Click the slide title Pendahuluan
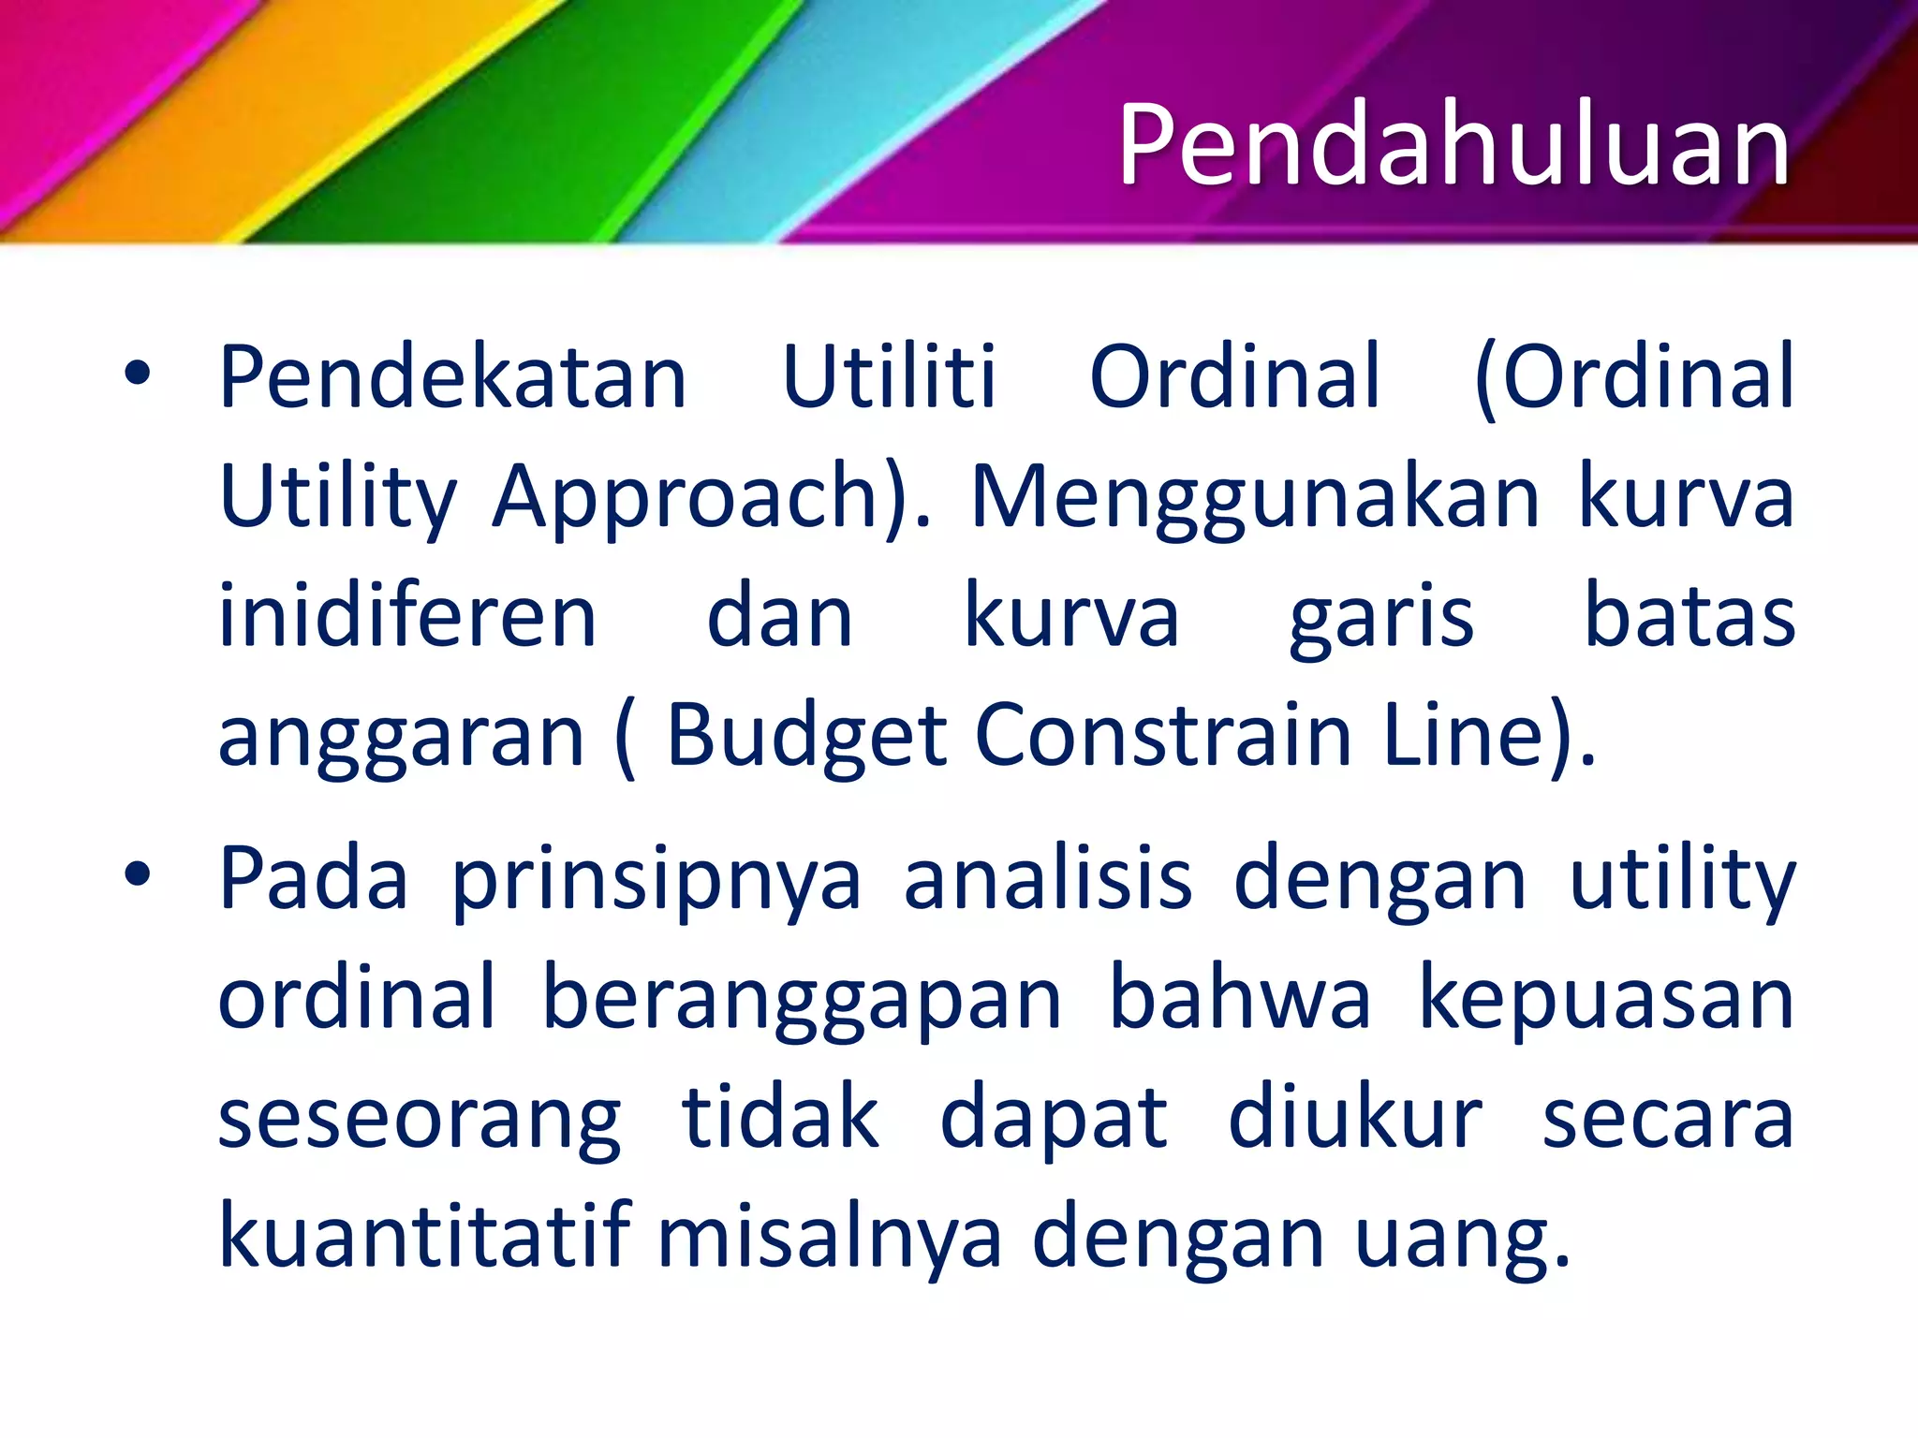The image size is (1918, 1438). click(1453, 145)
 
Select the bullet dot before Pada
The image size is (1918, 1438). click(137, 875)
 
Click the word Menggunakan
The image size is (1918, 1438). click(1255, 498)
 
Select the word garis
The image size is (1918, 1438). click(1381, 618)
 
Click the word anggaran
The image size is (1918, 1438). click(402, 738)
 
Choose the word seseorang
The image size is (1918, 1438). click(420, 1120)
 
